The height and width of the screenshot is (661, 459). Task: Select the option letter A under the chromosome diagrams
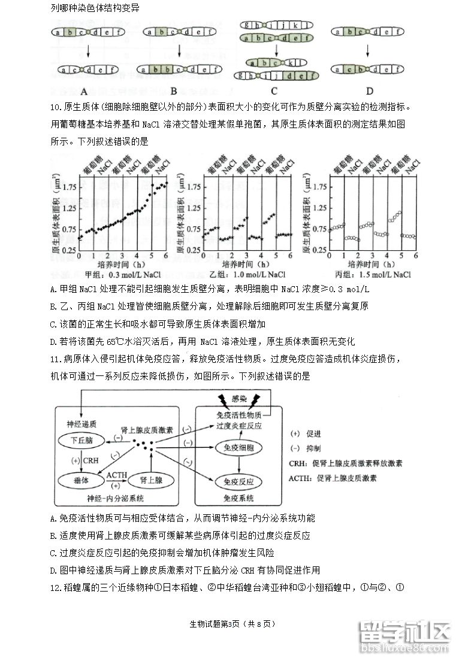click(84, 92)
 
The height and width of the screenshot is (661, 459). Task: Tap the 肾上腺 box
click(151, 480)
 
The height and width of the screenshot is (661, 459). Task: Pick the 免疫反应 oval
click(238, 481)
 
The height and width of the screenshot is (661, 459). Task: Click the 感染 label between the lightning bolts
click(239, 399)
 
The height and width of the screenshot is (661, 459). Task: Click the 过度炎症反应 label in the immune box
click(238, 426)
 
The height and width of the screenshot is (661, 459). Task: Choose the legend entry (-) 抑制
click(306, 448)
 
